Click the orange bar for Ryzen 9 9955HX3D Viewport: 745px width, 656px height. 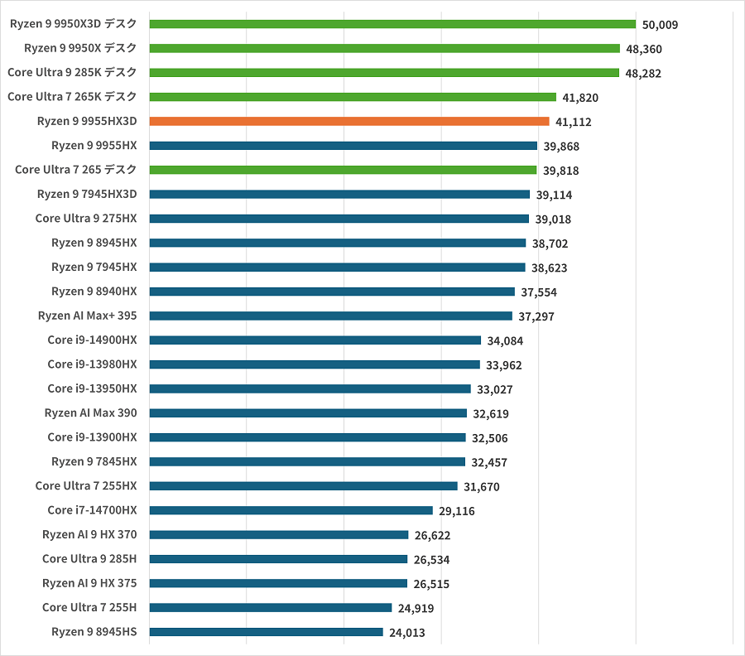(348, 121)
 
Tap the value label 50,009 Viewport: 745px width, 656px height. (660, 25)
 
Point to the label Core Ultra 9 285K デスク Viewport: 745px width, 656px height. (72, 73)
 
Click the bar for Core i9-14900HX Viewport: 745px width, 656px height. (315, 340)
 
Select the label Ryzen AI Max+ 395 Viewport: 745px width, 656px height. (88, 316)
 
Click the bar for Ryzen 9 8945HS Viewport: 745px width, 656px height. (266, 632)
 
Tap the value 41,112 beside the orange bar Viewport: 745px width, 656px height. (574, 122)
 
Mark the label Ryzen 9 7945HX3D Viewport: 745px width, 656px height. (87, 194)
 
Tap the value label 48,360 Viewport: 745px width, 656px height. (644, 49)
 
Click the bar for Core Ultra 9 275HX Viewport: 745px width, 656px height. (339, 219)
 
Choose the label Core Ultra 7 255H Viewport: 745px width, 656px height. (89, 607)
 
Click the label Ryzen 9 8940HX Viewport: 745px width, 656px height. (94, 292)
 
